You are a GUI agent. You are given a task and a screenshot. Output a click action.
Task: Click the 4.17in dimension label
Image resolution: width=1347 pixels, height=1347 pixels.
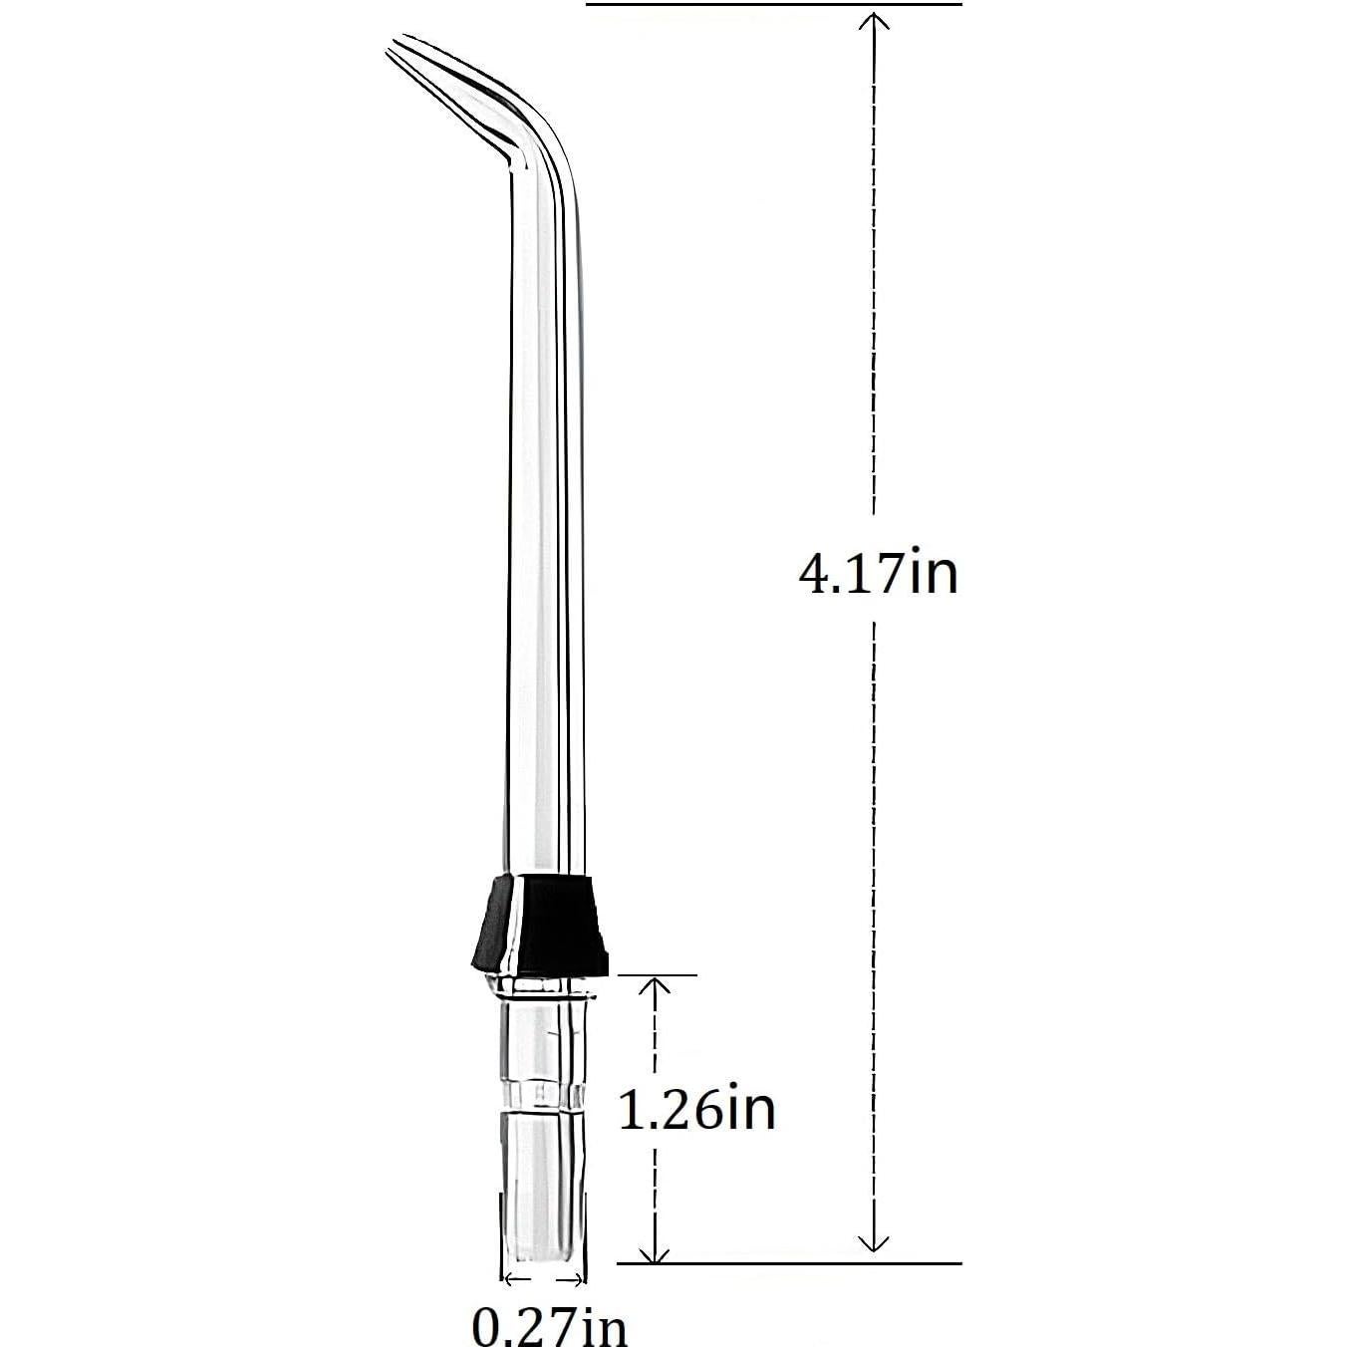click(878, 575)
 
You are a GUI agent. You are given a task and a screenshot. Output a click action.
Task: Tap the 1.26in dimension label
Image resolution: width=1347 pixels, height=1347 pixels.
click(696, 1109)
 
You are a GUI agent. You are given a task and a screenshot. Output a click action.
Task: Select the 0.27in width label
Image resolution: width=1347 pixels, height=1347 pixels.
click(549, 1325)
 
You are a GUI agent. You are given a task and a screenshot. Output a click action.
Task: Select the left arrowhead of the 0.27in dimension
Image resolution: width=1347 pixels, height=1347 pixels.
click(510, 1278)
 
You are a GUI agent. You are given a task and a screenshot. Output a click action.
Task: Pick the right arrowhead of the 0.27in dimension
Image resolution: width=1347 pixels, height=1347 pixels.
click(578, 1278)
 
